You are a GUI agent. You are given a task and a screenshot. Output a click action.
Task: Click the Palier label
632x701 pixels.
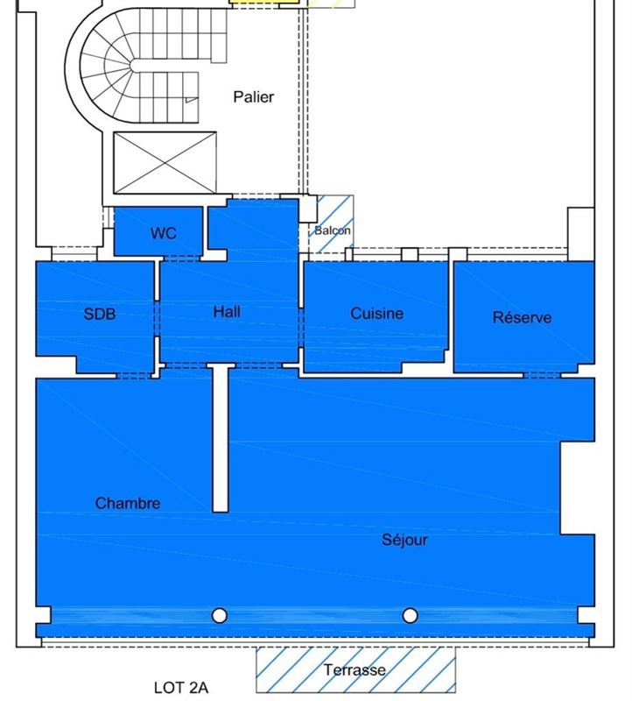pos(254,97)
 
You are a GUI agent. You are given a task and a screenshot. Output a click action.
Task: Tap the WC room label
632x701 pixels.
pos(164,233)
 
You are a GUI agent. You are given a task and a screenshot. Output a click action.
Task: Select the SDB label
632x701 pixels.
pos(100,314)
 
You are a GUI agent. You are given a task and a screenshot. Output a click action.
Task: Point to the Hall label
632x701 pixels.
pos(227,312)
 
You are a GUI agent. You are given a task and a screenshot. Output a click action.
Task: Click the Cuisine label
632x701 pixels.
pos(377,314)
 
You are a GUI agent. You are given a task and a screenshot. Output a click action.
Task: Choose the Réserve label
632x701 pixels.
pos(522,317)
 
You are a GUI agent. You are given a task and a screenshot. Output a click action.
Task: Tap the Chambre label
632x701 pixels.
pos(128,503)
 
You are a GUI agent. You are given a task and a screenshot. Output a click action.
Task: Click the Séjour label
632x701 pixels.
pos(404,540)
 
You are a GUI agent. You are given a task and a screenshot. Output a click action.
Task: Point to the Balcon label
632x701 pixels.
pos(333,230)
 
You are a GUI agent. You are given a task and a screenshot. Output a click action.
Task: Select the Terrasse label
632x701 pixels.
pos(355,669)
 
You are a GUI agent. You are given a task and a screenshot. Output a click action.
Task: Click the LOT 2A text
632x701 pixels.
pos(181,688)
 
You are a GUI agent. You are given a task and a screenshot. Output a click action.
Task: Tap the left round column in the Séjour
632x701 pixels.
pos(220,616)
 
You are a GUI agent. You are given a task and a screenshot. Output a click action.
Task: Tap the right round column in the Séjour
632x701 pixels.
pos(410,616)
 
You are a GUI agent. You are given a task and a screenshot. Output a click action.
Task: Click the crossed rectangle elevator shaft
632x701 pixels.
pos(165,163)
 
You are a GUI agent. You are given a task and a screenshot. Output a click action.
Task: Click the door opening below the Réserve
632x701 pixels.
pos(542,375)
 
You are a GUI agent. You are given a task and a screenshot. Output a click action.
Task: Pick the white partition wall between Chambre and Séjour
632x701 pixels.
pos(221,439)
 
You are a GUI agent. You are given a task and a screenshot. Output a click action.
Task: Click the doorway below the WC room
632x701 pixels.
pos(182,258)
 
